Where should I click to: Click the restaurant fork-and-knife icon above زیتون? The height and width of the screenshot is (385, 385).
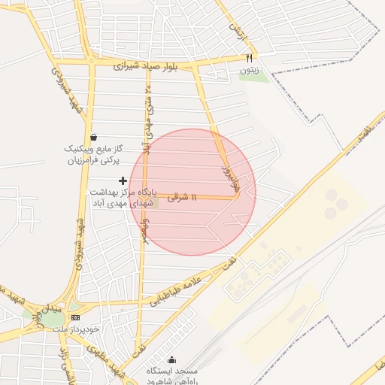pyautogui.click(x=250, y=57)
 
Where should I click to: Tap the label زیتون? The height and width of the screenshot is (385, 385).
pyautogui.click(x=249, y=70)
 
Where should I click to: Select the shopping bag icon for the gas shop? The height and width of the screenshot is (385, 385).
pyautogui.click(x=93, y=137)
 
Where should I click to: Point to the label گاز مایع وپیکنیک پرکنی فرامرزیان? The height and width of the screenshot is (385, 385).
pyautogui.click(x=92, y=155)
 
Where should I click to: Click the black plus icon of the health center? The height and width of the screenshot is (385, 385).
pyautogui.click(x=123, y=180)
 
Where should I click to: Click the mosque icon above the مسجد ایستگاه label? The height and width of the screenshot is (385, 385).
pyautogui.click(x=172, y=359)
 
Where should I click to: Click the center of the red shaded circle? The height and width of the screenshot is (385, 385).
pyautogui.click(x=192, y=192)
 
